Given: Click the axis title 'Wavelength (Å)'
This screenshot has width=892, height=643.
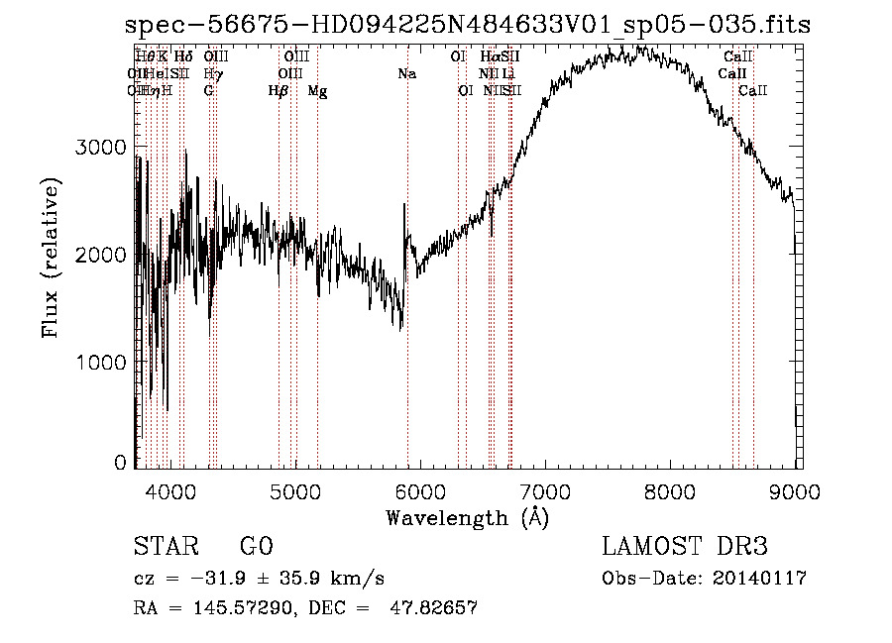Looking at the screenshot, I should click(467, 517).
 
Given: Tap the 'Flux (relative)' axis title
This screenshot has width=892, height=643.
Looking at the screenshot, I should click(51, 257).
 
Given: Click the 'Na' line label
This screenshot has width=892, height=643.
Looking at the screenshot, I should click(406, 73).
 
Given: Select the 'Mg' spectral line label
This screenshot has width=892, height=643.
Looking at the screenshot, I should click(317, 91).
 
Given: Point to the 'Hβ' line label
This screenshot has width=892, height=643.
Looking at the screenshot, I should click(279, 91).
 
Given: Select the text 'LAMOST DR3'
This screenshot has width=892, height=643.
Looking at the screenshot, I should click(685, 547).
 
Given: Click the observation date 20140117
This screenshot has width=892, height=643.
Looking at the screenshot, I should click(762, 579).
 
